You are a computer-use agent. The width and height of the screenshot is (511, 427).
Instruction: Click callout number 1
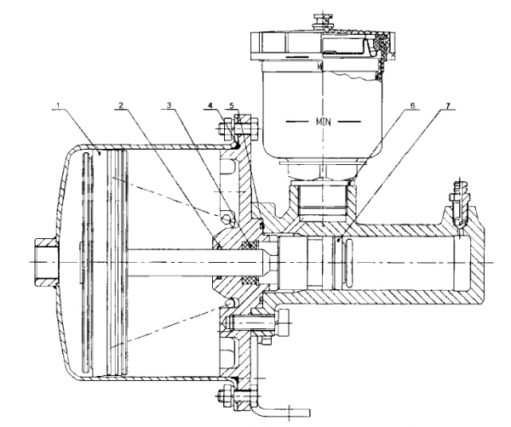(x=58, y=105)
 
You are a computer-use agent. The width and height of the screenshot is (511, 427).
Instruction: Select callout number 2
(x=121, y=105)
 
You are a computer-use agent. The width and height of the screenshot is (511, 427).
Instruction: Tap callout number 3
(x=169, y=105)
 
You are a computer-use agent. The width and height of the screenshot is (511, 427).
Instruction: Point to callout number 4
(x=210, y=105)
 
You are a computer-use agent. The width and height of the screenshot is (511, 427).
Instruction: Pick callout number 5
(x=232, y=105)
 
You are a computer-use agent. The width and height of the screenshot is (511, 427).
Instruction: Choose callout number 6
(x=412, y=105)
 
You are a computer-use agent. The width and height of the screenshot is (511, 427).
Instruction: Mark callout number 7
(x=448, y=105)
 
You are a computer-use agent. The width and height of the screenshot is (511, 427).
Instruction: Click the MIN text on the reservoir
(x=324, y=122)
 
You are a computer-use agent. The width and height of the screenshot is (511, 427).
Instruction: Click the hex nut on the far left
(x=46, y=262)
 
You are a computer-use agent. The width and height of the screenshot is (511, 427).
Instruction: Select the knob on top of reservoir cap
(x=321, y=21)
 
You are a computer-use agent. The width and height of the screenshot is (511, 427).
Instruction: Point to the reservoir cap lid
(x=323, y=45)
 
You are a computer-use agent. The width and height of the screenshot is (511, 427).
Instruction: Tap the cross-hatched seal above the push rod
(x=250, y=245)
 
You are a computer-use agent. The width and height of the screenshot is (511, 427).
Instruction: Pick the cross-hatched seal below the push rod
(x=250, y=281)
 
